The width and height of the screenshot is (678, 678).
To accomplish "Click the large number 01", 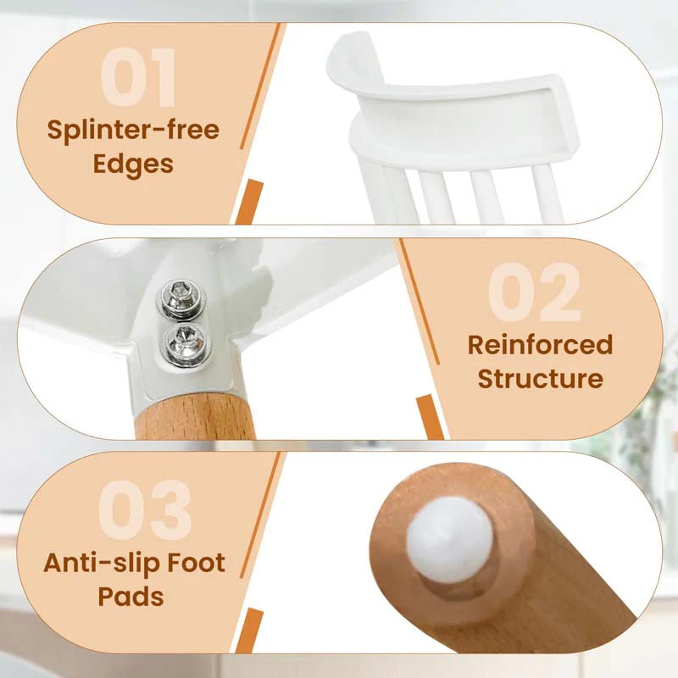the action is click(138, 77).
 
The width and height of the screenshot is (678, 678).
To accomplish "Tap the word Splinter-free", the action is click(133, 131).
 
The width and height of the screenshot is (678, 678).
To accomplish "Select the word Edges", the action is click(133, 164).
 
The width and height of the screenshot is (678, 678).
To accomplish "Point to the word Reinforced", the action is click(541, 345).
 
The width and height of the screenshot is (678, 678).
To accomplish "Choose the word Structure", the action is click(541, 378).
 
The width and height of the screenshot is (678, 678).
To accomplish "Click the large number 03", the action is click(144, 509).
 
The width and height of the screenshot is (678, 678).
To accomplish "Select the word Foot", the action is click(197, 562).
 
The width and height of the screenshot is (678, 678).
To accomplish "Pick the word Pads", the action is click(131, 597).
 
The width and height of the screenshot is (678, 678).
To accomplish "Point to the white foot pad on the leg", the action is click(450, 539).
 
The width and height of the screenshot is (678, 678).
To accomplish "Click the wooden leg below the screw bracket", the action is click(196, 417).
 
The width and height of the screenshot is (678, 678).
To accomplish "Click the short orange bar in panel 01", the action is click(249, 203).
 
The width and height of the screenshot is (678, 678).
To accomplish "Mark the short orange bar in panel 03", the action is click(249, 631).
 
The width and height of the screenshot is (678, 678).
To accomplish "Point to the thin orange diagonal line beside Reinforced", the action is click(420, 302).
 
